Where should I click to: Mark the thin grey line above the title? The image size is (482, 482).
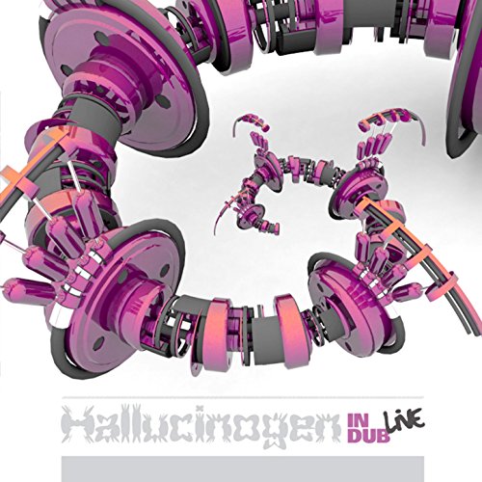(x=241, y=397)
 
